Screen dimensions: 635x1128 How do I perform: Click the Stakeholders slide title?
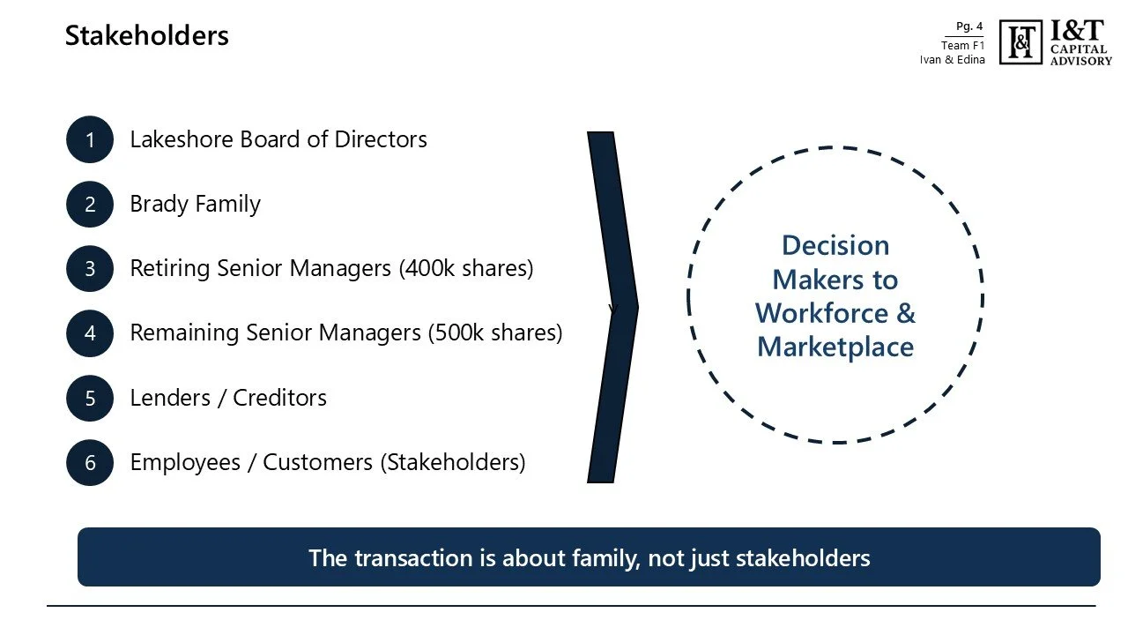point(146,36)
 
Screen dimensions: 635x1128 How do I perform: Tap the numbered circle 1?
point(90,139)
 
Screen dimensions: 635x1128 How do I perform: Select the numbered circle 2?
point(90,205)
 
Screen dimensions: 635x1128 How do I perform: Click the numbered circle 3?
point(90,268)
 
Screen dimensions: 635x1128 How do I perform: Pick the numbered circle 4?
point(90,333)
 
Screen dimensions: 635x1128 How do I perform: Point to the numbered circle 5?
point(90,398)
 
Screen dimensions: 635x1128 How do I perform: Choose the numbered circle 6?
point(90,462)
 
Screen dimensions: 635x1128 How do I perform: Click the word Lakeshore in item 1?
point(182,139)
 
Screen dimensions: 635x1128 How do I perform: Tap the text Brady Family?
point(195,205)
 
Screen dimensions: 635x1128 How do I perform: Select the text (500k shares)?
point(494,333)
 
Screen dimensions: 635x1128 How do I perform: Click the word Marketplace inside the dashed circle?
point(835,347)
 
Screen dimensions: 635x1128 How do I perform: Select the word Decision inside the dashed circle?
point(835,245)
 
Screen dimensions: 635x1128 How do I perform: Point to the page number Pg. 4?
point(969,26)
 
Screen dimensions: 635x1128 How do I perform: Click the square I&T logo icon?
point(1020,42)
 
